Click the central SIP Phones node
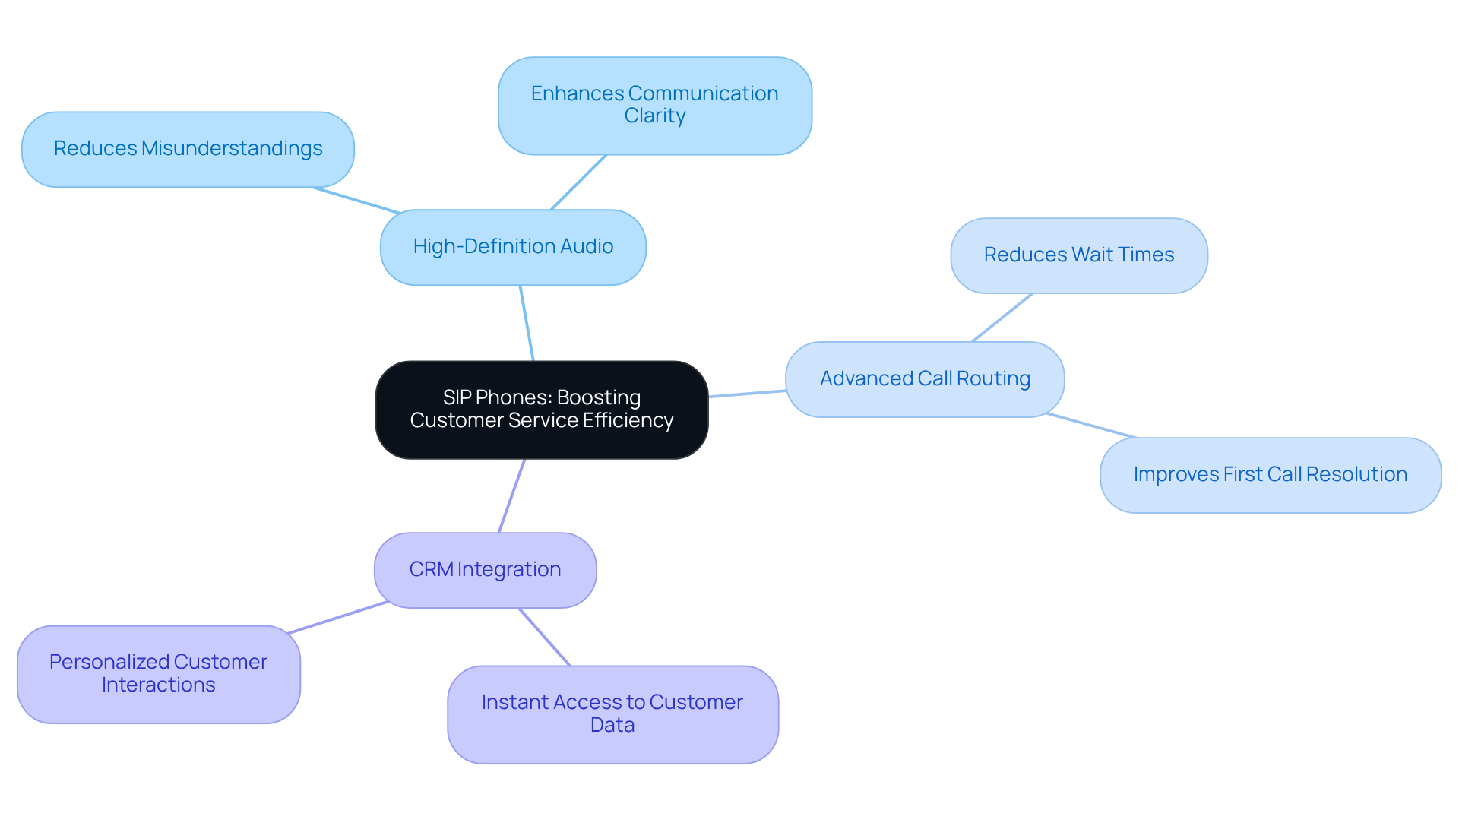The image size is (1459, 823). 541,410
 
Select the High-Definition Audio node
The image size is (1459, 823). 513,247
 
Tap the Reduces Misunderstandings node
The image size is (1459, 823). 188,149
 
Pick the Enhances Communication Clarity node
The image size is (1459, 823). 654,105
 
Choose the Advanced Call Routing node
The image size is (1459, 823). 925,378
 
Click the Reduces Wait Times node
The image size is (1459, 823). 1078,255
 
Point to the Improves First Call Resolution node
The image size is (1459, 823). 1270,475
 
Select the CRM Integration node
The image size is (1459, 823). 485,570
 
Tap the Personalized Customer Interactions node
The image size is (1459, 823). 158,674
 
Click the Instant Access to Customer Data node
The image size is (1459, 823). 612,714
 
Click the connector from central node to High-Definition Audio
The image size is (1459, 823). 527,323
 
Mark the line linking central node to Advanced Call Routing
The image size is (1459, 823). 747,394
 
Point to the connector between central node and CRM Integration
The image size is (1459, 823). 511,495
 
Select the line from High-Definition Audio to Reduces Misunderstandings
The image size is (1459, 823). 356,200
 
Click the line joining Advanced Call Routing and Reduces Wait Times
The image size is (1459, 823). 1002,318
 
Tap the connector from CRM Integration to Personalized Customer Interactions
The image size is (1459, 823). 338,617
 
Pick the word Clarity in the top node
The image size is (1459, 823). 654,116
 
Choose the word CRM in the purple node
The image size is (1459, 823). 431,570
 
